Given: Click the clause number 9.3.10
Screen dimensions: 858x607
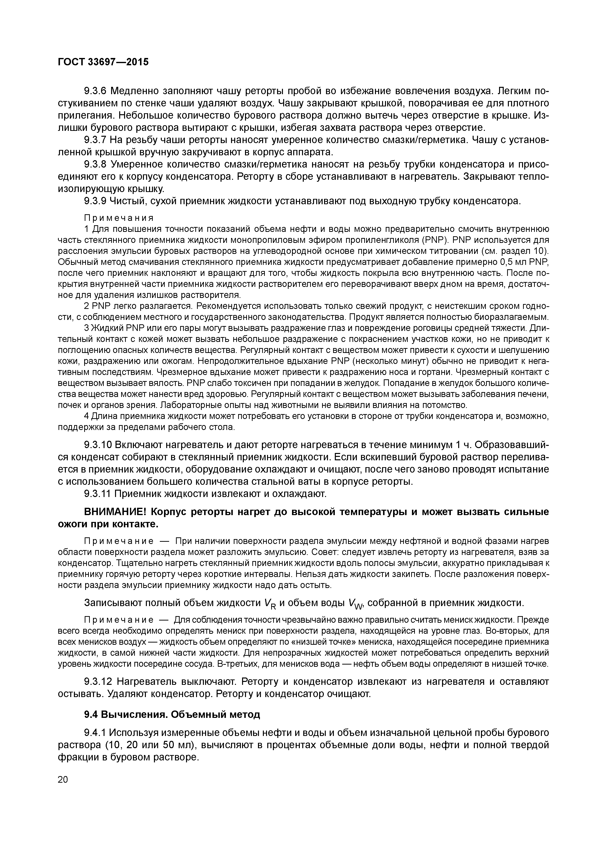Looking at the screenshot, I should coord(98,445).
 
